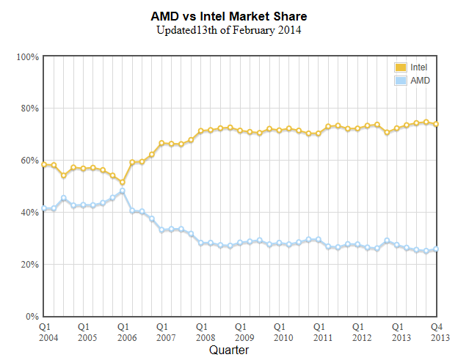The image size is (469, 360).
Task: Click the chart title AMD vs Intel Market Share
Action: coord(228,16)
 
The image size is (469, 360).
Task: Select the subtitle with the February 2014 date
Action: coord(228,30)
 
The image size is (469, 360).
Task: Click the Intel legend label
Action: coord(418,67)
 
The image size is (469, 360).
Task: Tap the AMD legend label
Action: coord(420,80)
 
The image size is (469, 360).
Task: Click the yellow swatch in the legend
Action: coord(401,67)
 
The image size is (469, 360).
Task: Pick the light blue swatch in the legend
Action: coord(401,80)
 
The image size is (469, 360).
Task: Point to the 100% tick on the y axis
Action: coord(27,56)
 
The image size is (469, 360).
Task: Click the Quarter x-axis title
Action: coord(228,350)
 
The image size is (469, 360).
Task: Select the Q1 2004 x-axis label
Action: coord(45,331)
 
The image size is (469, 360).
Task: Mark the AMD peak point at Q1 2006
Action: coord(123,191)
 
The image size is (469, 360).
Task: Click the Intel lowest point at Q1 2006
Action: coord(123,182)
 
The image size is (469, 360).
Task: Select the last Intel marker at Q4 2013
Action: coord(436,124)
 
